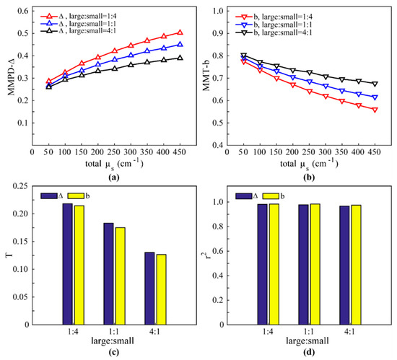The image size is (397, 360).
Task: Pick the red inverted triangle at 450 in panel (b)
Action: [374, 110]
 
